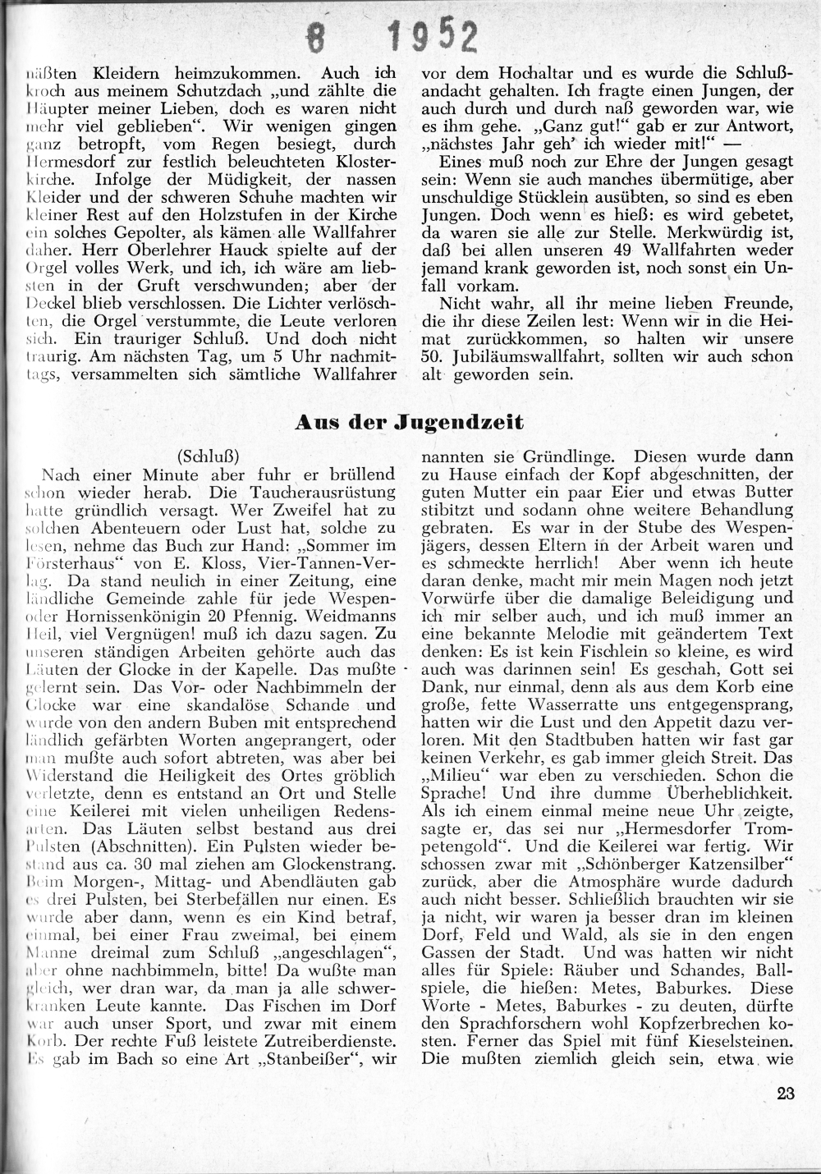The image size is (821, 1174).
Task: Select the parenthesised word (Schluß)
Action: click(208, 455)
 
